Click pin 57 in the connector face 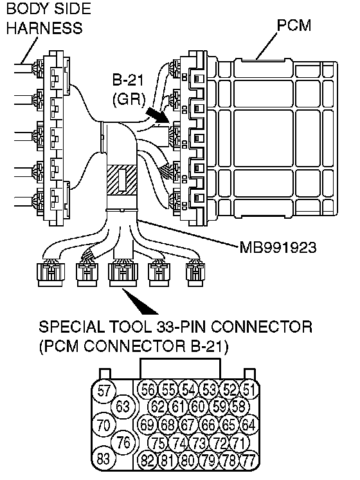(x=104, y=391)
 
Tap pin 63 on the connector (x=123, y=407)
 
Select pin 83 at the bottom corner (x=104, y=458)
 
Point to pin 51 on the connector (x=249, y=390)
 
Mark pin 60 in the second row (x=198, y=407)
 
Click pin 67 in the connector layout (x=188, y=425)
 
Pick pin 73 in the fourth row (x=198, y=443)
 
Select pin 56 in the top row (x=147, y=390)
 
